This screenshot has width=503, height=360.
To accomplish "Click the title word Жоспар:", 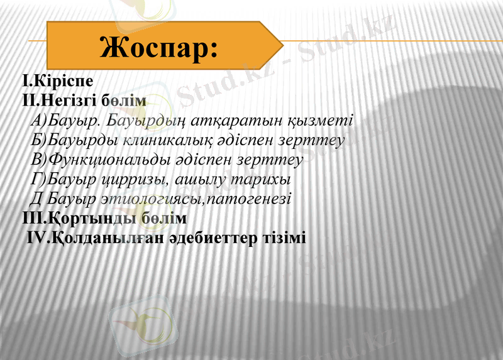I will pyautogui.click(x=159, y=46).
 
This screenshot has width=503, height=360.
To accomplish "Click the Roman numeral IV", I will pyautogui.click(x=36, y=238).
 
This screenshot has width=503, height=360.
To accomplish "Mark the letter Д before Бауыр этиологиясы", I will pyautogui.click(x=36, y=199).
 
